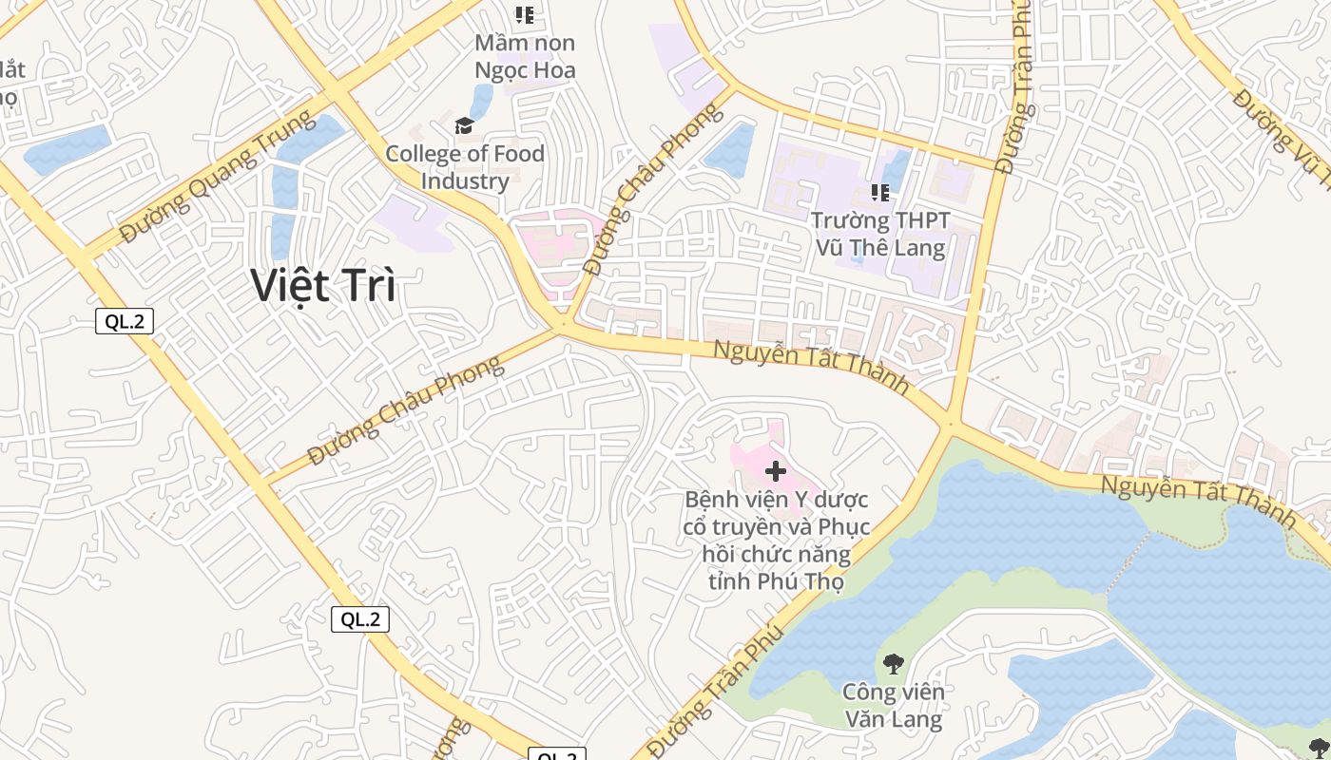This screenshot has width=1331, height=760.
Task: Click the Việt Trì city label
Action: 323,285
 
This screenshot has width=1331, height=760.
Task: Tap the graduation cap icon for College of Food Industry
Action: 464,126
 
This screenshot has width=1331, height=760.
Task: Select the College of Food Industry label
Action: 465,167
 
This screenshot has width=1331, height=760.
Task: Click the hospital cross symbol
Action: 776,471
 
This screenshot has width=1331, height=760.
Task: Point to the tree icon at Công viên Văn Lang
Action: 893,664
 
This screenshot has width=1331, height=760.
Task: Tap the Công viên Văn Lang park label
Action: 894,705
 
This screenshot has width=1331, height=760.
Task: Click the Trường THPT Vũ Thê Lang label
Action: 880,234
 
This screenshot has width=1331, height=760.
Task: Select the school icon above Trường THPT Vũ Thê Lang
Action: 880,193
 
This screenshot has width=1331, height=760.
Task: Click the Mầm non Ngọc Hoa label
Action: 525,56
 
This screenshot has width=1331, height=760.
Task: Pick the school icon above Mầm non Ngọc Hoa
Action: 525,15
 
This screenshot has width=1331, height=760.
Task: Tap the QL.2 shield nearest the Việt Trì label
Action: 125,321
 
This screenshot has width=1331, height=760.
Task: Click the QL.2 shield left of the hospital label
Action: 360,619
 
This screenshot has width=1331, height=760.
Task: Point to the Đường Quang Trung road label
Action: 218,177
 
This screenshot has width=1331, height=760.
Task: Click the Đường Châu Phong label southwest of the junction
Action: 406,410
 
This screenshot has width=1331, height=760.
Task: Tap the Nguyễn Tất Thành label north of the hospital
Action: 811,369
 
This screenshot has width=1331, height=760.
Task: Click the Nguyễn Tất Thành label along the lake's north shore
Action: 1198,502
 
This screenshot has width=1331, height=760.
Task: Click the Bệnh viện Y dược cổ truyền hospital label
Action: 776,540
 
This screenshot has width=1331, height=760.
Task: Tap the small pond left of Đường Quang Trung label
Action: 67,150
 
